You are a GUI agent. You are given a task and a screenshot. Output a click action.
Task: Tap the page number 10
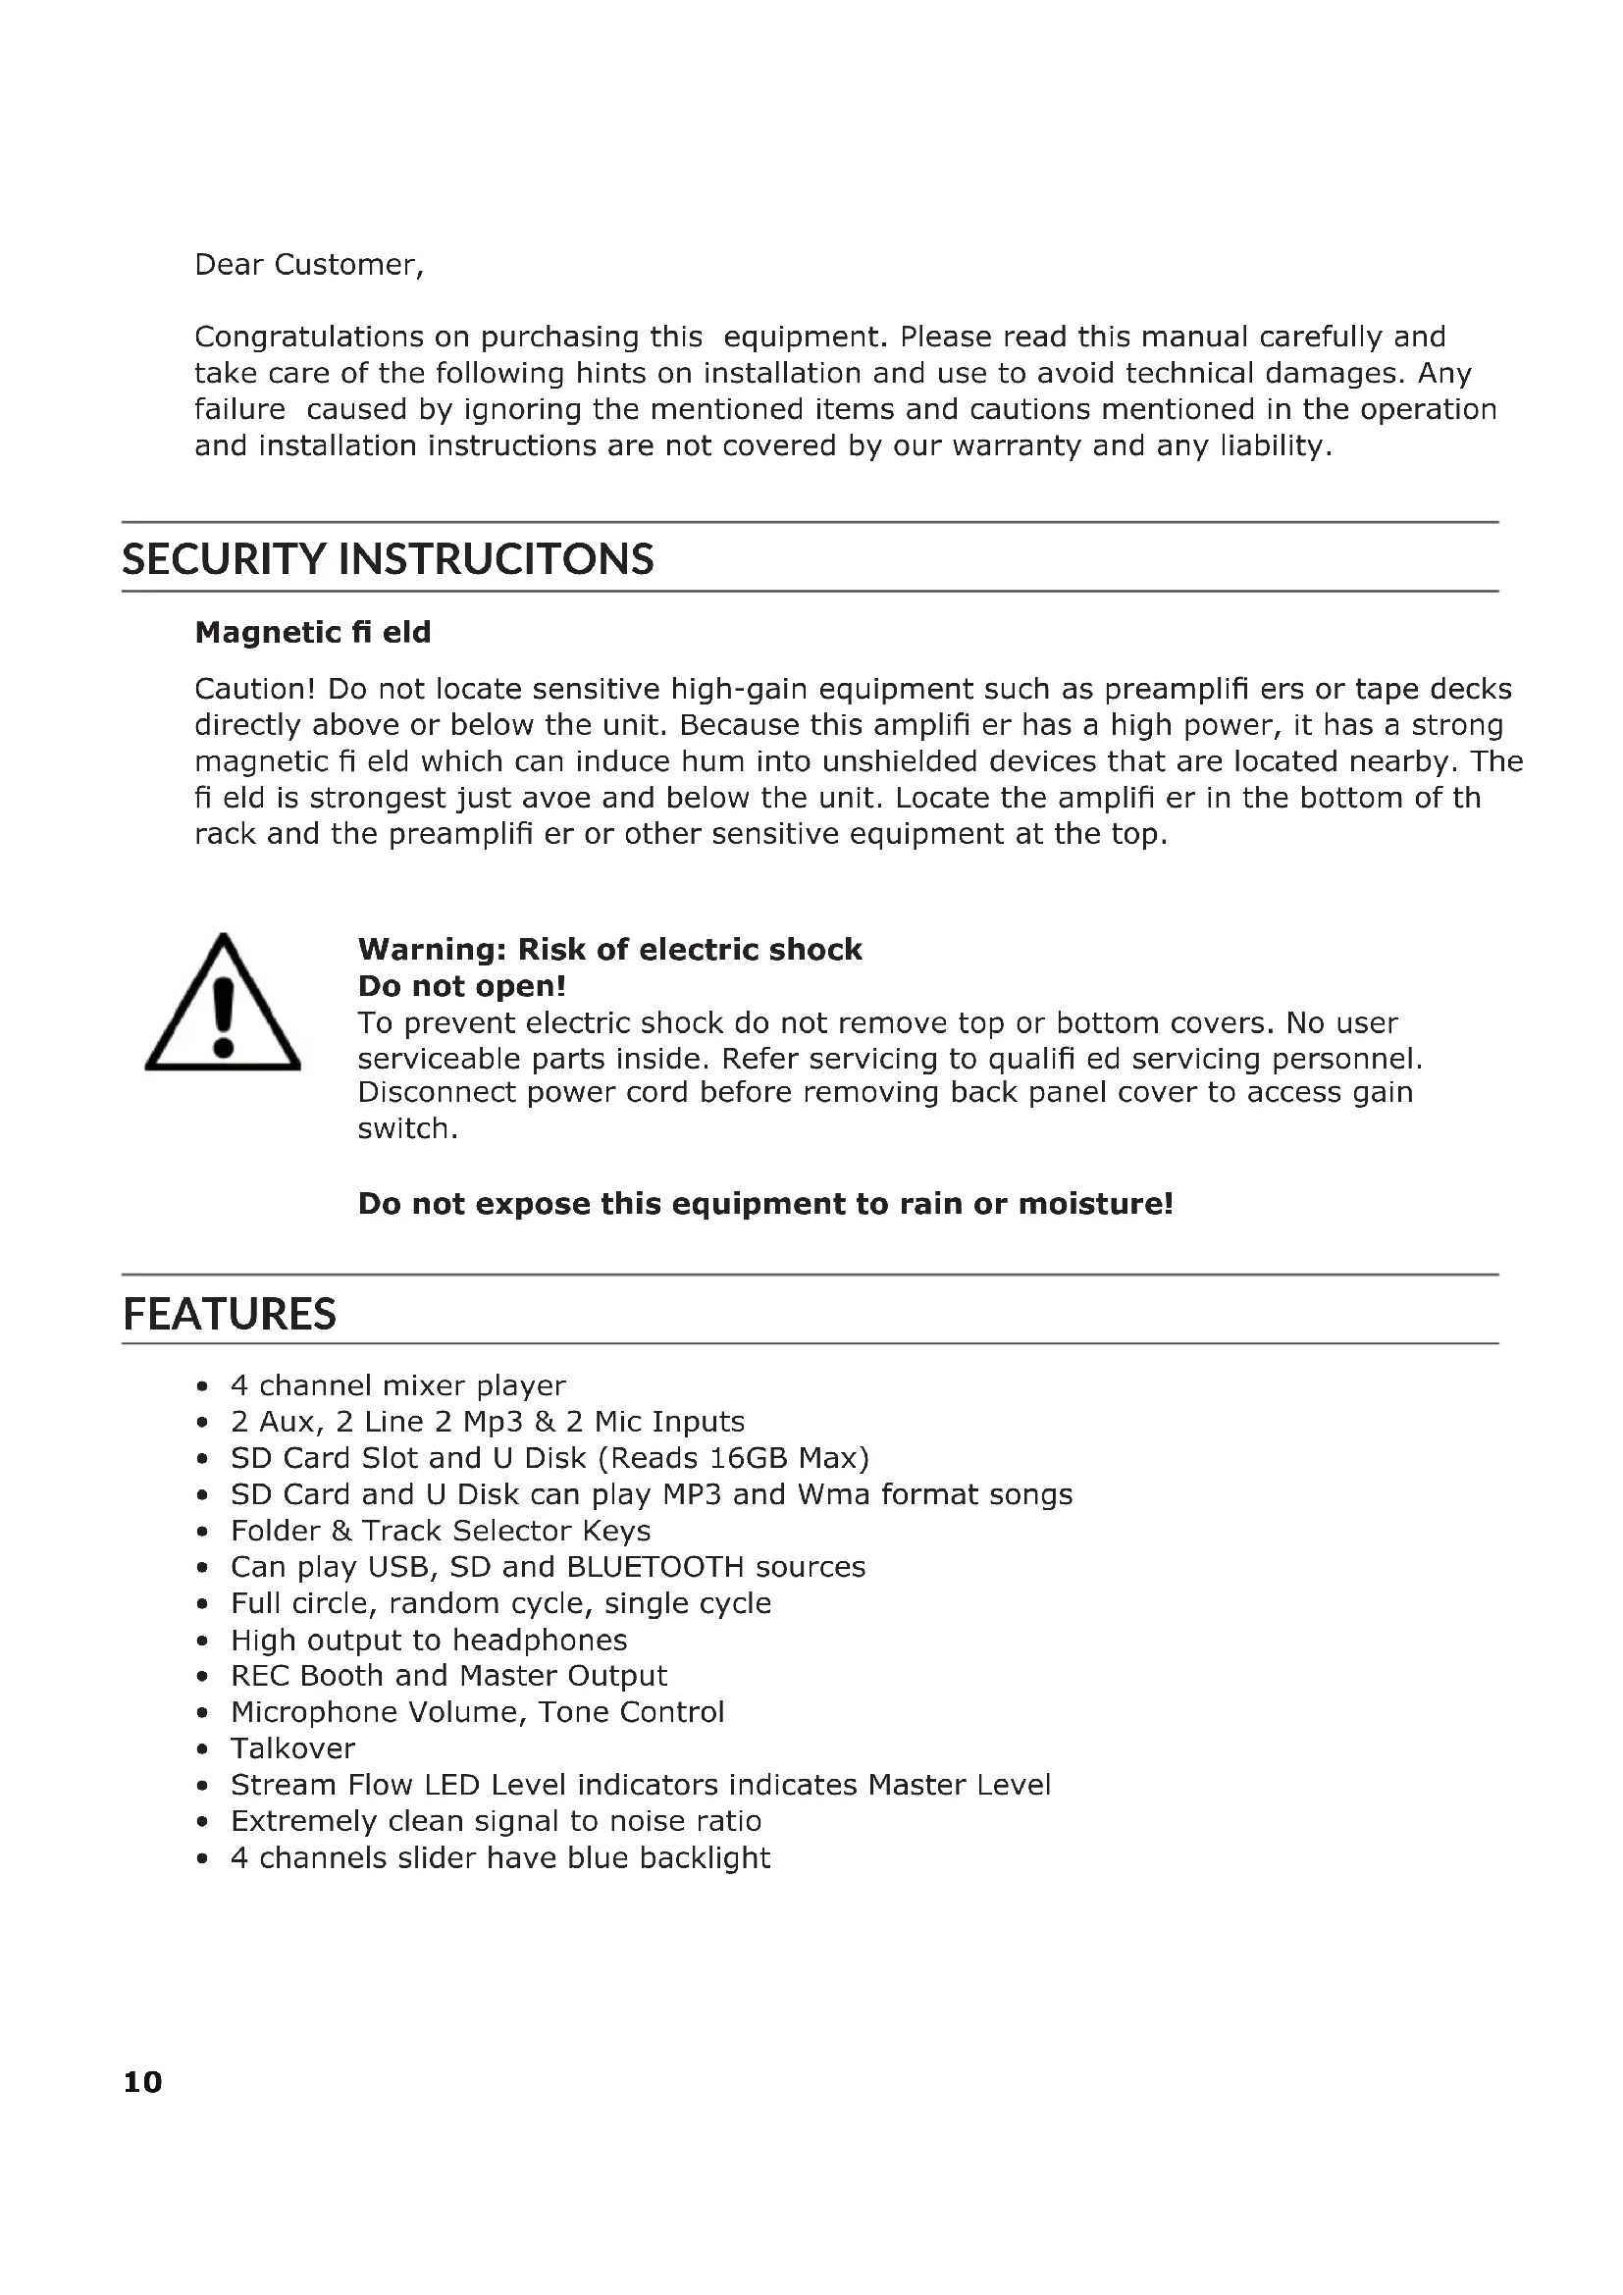click(142, 2082)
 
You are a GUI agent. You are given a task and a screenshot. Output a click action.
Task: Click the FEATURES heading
click(229, 1314)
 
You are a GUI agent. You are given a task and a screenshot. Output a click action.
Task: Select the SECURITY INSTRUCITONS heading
click(388, 558)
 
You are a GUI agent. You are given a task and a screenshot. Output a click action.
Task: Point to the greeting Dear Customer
click(309, 265)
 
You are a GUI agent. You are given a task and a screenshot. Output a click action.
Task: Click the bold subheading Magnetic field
click(313, 633)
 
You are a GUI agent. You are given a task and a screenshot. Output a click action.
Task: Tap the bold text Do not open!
click(462, 986)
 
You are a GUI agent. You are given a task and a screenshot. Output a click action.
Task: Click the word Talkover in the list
click(292, 1748)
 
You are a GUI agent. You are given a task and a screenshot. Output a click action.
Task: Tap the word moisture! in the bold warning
click(1095, 1204)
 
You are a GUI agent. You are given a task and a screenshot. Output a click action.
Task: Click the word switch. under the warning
click(408, 1128)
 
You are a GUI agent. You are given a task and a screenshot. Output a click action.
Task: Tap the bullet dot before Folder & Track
click(203, 1532)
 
